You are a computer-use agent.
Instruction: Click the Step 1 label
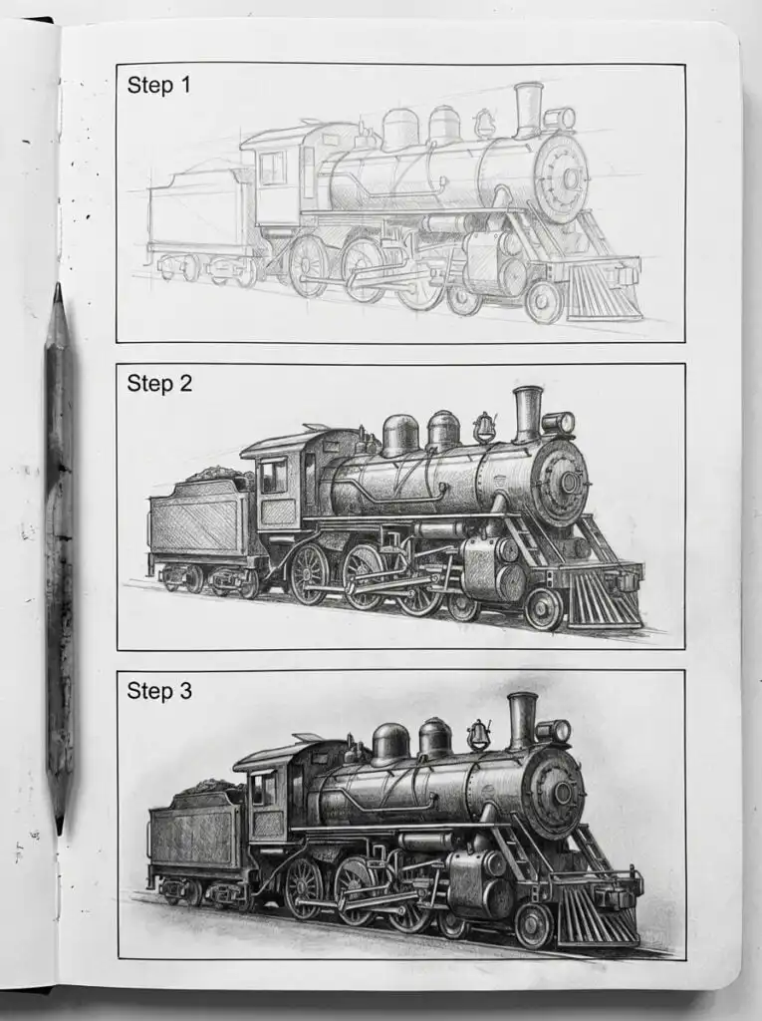click(158, 86)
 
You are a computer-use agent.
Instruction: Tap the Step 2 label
click(159, 383)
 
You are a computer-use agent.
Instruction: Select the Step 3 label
click(159, 690)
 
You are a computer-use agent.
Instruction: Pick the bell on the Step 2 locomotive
click(485, 427)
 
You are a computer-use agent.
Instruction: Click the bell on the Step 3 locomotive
click(478, 735)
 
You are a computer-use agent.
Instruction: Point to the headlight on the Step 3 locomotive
click(555, 731)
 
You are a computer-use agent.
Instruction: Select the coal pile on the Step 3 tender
click(208, 788)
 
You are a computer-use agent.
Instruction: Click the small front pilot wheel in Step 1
click(544, 301)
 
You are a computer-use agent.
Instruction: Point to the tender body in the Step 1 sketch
click(194, 214)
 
